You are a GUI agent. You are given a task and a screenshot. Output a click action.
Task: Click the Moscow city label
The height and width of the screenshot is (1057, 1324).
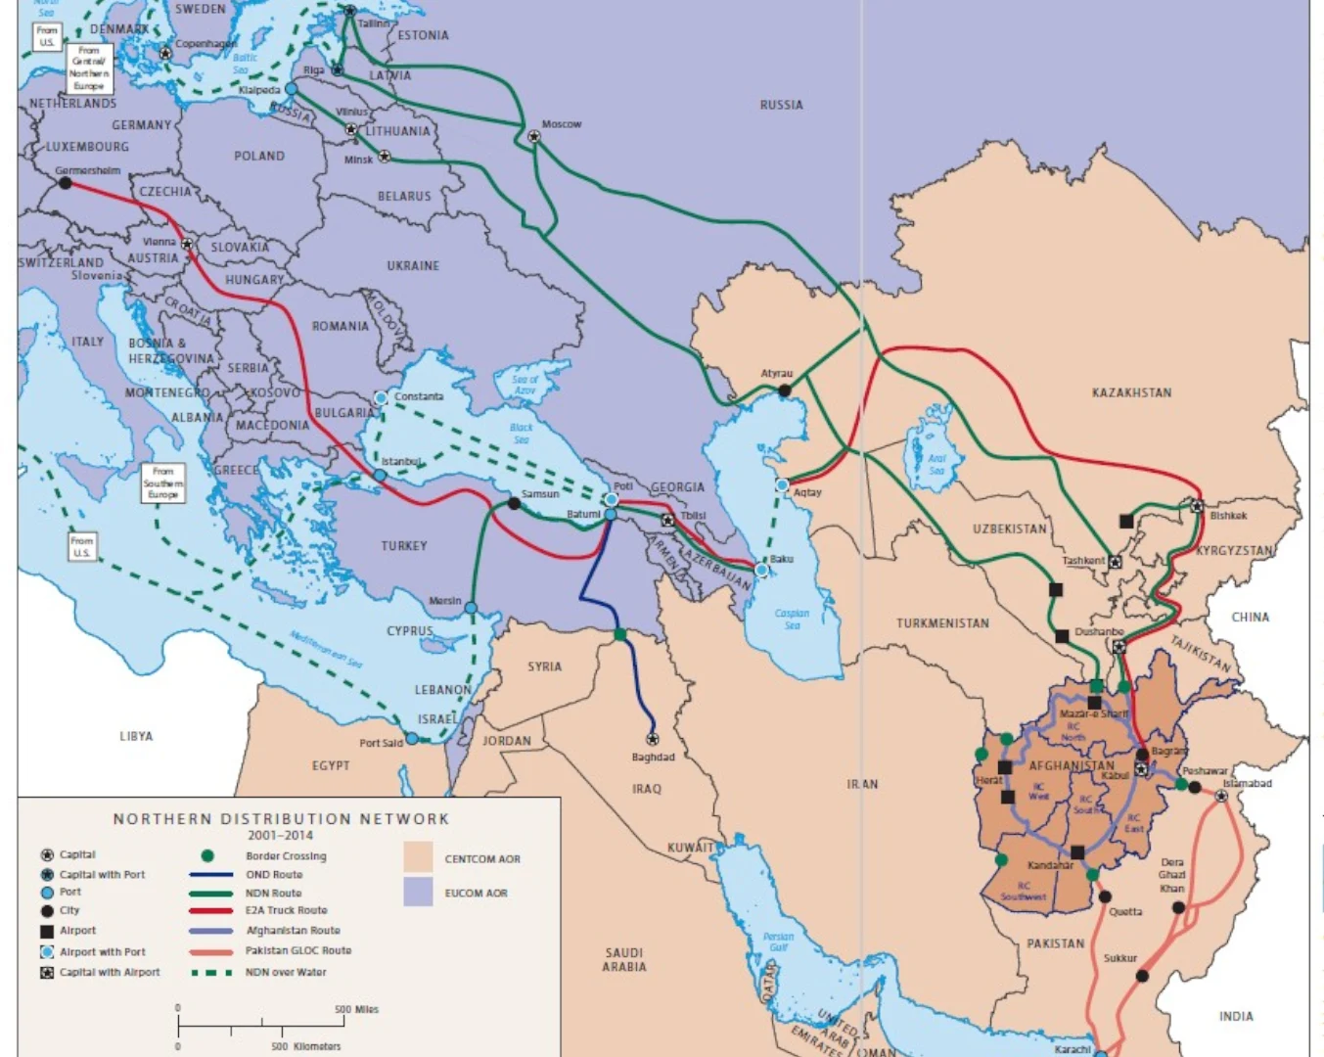562,124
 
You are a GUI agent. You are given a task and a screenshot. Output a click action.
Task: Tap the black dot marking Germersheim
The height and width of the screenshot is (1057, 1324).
66,183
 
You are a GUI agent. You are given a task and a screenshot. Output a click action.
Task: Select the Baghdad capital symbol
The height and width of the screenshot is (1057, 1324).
653,739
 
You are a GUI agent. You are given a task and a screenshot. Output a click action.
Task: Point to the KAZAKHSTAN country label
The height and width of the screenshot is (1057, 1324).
1131,392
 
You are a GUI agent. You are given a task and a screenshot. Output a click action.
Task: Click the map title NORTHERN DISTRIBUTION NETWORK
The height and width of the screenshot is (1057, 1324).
281,818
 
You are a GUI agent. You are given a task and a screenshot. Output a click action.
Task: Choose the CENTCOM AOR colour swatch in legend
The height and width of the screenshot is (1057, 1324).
418,857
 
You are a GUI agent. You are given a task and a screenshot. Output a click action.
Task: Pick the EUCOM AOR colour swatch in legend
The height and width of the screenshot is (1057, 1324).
418,892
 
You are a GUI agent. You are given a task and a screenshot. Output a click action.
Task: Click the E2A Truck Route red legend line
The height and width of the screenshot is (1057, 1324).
210,910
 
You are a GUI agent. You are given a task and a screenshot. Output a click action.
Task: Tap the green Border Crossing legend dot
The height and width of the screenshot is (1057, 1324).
207,855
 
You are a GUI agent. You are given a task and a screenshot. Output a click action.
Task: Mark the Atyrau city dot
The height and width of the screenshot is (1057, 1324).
785,391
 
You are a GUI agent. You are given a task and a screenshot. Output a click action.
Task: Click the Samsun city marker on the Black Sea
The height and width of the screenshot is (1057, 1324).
515,503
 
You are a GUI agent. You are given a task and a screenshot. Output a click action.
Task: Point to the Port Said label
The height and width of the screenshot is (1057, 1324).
381,743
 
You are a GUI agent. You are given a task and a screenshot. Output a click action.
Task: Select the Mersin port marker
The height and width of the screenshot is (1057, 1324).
471,608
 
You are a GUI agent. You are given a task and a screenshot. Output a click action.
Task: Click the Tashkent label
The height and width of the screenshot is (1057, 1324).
1083,561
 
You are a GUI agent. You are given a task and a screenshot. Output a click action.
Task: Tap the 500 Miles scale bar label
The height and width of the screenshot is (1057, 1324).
356,1009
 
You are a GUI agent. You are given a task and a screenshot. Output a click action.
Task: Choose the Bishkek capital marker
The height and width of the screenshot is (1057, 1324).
1197,506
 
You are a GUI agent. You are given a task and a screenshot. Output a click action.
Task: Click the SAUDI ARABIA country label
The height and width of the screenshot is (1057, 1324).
624,959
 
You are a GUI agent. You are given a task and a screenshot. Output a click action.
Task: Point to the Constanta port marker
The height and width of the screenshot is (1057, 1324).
381,398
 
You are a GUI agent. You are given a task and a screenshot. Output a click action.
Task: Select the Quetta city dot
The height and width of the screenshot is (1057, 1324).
1105,896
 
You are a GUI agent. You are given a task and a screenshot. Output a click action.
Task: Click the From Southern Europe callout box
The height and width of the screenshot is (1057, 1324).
162,483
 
